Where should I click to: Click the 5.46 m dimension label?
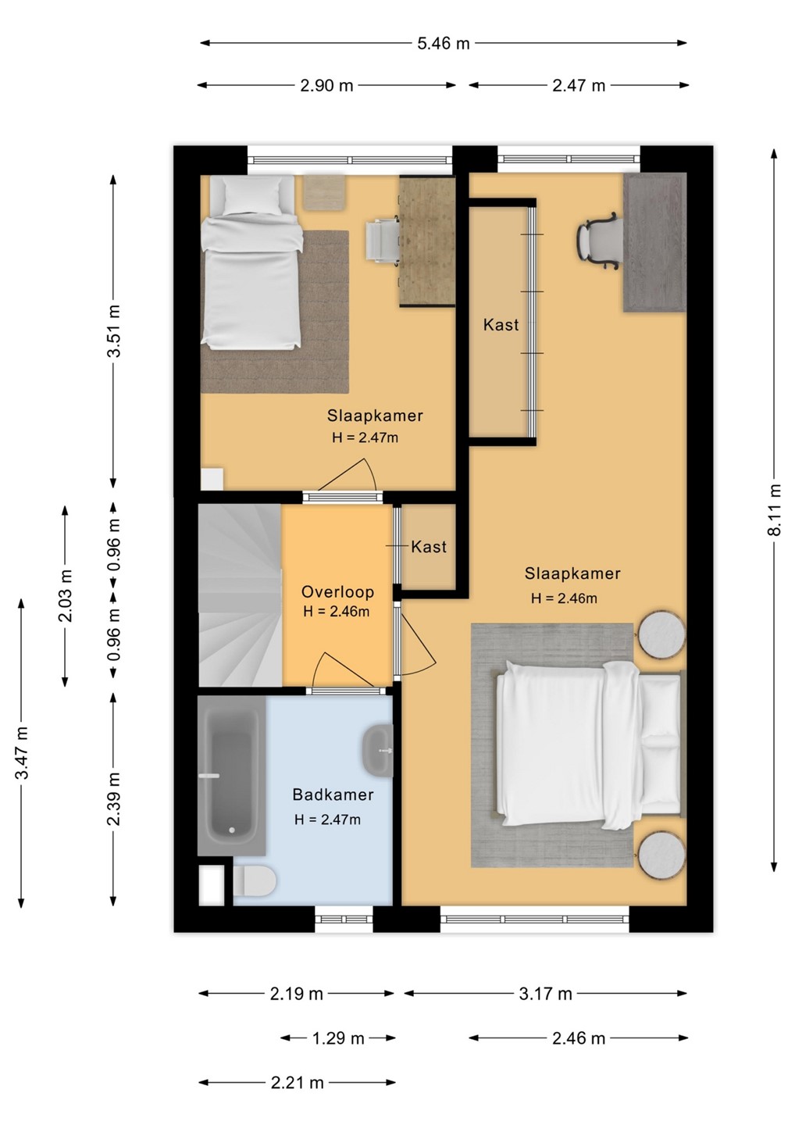click(443, 44)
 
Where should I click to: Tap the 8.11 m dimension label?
click(775, 509)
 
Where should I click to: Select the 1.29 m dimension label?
click(338, 1038)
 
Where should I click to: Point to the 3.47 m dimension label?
click(22, 752)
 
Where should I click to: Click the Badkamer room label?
click(333, 795)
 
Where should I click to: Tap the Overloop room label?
click(337, 591)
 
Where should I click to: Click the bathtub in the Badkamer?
click(231, 776)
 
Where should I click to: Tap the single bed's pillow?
click(251, 195)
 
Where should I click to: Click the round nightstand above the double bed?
click(662, 634)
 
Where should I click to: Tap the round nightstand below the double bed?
click(662, 855)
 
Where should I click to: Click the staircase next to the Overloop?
click(240, 595)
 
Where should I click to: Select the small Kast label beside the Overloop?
click(429, 546)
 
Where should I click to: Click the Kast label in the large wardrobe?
click(501, 324)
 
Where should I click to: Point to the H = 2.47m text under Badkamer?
click(327, 820)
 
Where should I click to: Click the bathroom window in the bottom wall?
click(344, 919)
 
